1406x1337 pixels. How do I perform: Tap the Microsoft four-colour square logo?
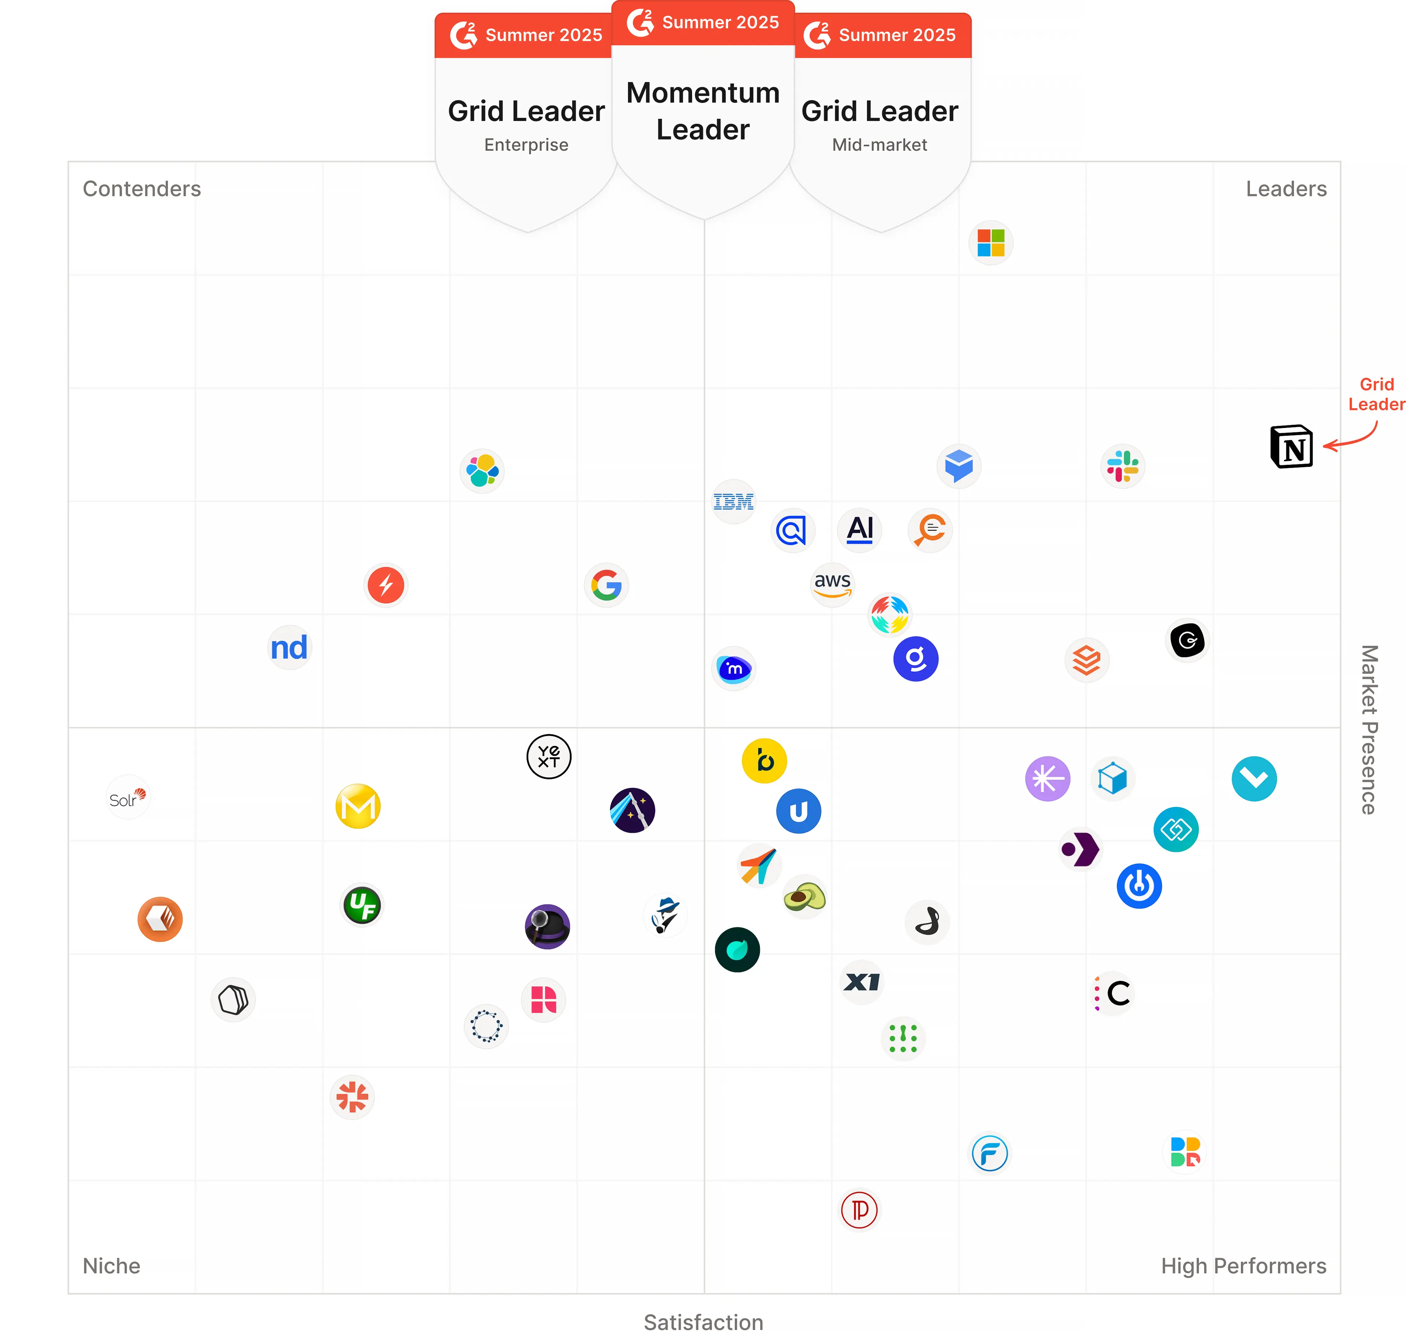pos(990,243)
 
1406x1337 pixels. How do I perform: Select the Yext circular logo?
pos(548,756)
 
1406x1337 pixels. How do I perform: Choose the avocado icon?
pos(804,897)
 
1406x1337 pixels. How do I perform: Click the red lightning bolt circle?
pos(385,585)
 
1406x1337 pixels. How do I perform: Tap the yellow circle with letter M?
pos(358,806)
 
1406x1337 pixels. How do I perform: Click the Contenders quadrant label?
pos(142,189)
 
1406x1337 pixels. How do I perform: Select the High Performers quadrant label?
pos(1243,1266)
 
